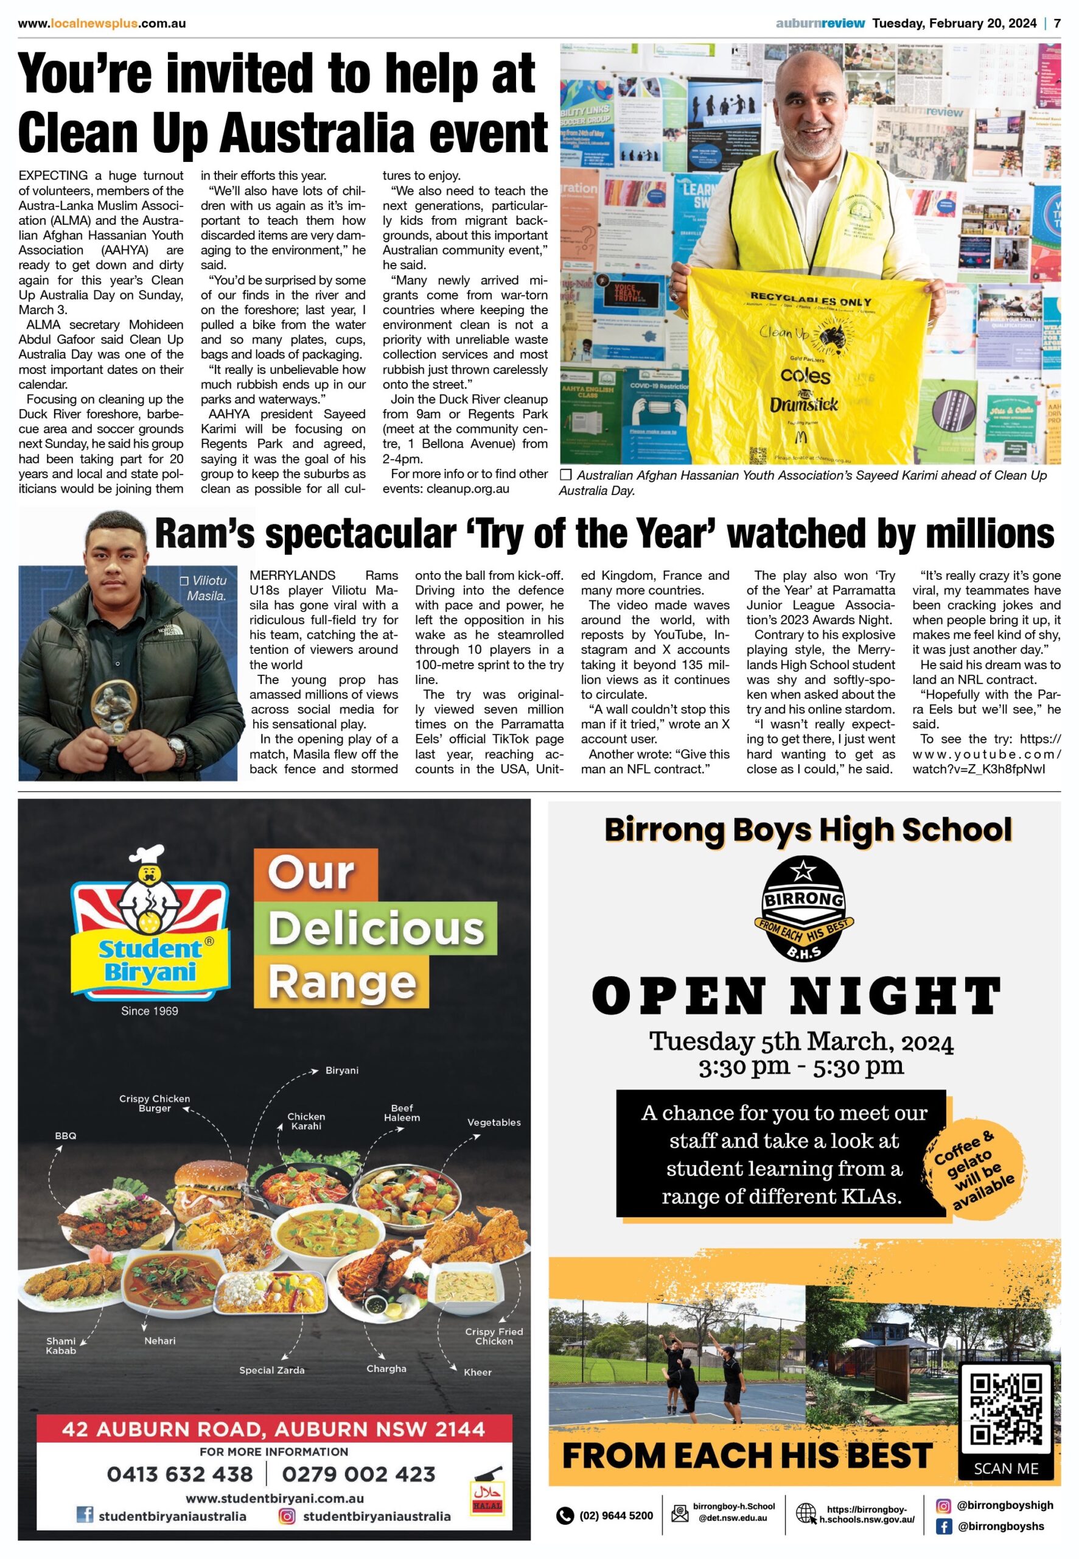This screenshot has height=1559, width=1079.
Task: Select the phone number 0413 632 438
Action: [180, 1474]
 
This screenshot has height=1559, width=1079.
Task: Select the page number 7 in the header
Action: [1057, 23]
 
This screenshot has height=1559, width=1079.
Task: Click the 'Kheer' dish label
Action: [477, 1371]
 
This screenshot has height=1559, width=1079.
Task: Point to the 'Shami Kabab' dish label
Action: [61, 1345]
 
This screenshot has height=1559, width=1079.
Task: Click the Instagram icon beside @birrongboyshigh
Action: [943, 1505]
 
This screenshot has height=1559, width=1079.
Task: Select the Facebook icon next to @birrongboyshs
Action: [943, 1527]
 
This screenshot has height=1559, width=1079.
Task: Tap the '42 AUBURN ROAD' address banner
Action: [274, 1429]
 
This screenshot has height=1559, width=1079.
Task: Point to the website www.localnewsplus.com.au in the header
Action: [102, 23]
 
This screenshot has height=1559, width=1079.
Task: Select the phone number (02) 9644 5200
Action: [616, 1516]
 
